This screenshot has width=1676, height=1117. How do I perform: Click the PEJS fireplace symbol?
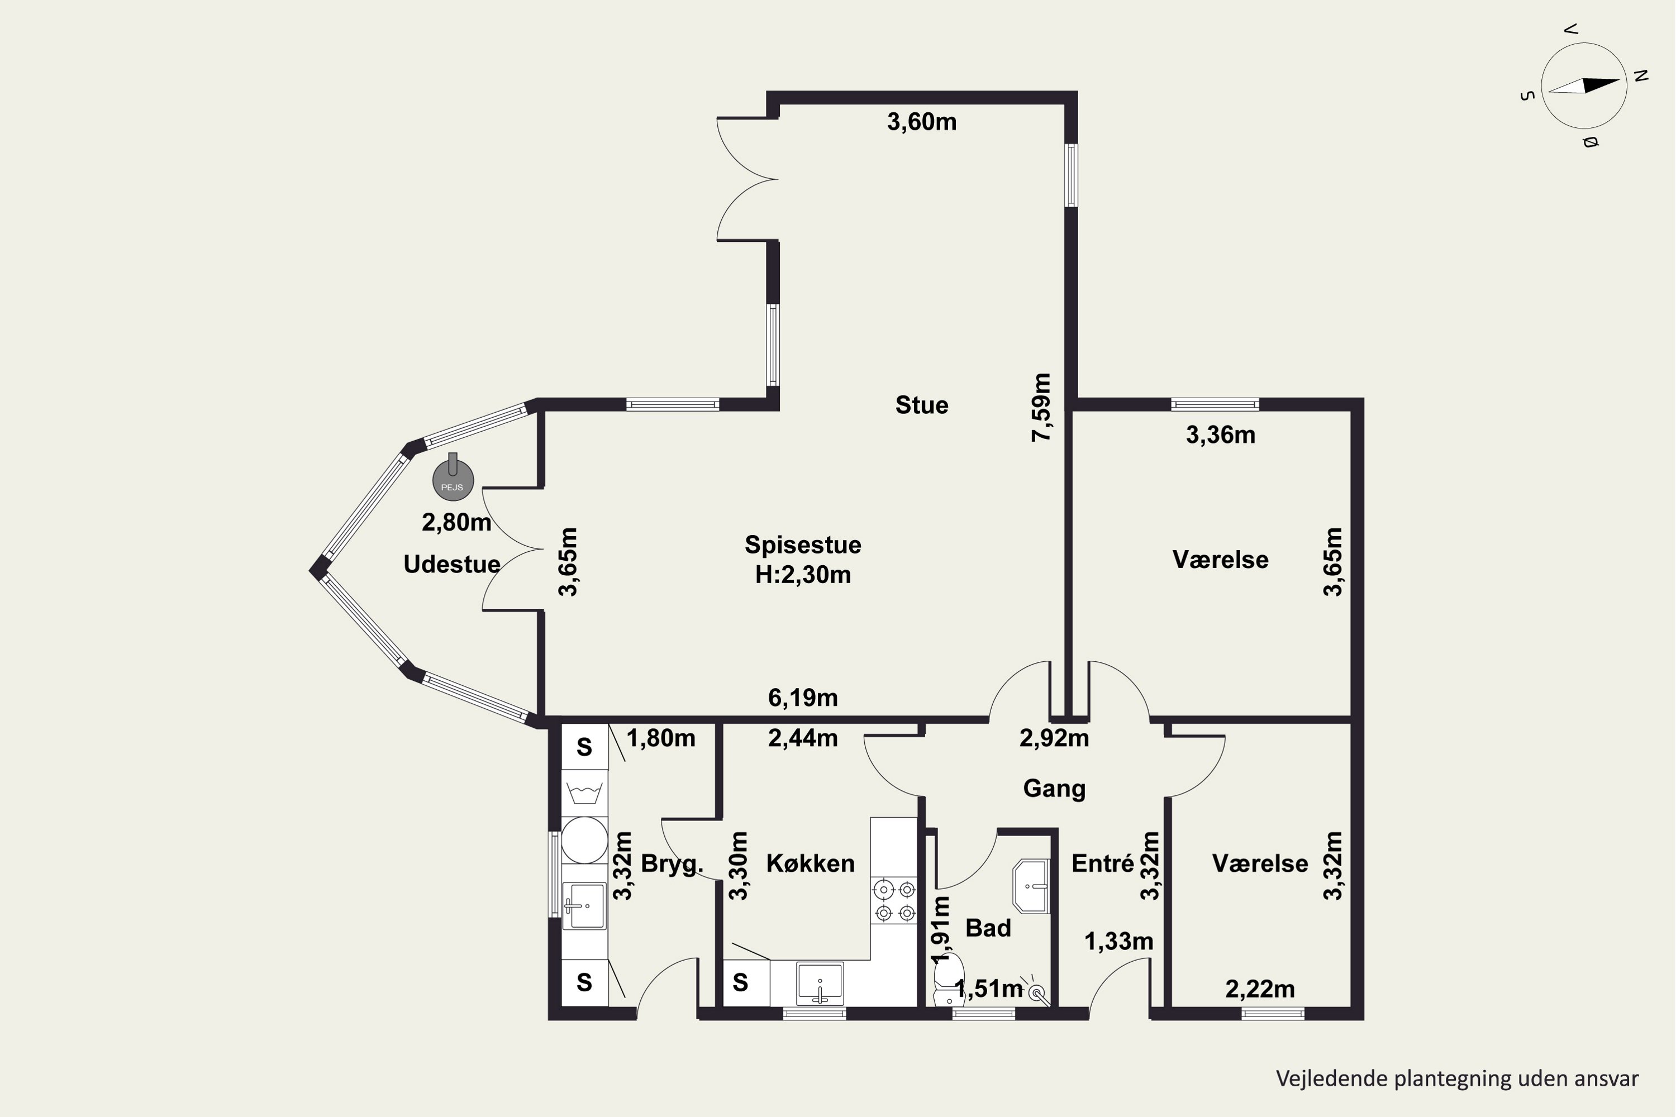click(453, 479)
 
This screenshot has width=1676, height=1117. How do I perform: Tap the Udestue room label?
click(452, 564)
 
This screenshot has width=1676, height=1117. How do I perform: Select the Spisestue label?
click(803, 545)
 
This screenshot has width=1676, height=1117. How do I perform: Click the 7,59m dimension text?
click(1041, 408)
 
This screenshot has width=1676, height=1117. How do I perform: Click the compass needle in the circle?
click(1584, 85)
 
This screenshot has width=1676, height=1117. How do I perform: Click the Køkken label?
click(810, 863)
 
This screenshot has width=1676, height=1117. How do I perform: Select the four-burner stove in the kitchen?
click(893, 900)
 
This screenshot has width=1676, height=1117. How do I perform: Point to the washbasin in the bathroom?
click(1031, 887)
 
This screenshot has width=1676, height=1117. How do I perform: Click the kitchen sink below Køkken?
click(820, 983)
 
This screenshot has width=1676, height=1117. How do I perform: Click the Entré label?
click(1103, 863)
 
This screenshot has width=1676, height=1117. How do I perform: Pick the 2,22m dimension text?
click(1260, 989)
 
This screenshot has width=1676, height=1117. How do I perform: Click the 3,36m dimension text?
click(1221, 435)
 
